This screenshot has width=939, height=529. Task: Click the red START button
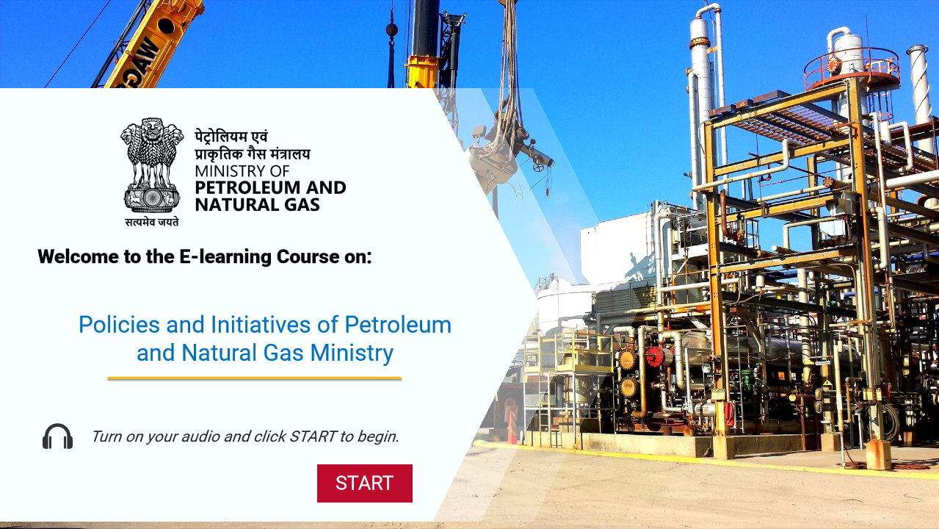pos(365,483)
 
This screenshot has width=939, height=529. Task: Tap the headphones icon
pos(57,436)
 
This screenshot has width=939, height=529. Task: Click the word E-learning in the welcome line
pos(225,256)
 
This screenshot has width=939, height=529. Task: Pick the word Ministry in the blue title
pos(352,353)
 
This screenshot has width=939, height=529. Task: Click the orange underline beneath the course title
pos(255,378)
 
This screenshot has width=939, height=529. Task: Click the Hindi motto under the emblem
pos(152,222)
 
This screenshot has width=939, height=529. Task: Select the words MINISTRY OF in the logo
pos(242,171)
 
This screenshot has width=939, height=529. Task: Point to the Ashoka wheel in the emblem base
pos(152,198)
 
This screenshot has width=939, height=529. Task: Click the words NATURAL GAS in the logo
pos(258,205)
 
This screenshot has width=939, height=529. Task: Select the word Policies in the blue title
pos(119,325)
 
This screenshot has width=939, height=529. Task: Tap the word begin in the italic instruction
pos(377,437)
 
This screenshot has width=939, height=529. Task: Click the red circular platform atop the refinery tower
pos(852,68)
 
